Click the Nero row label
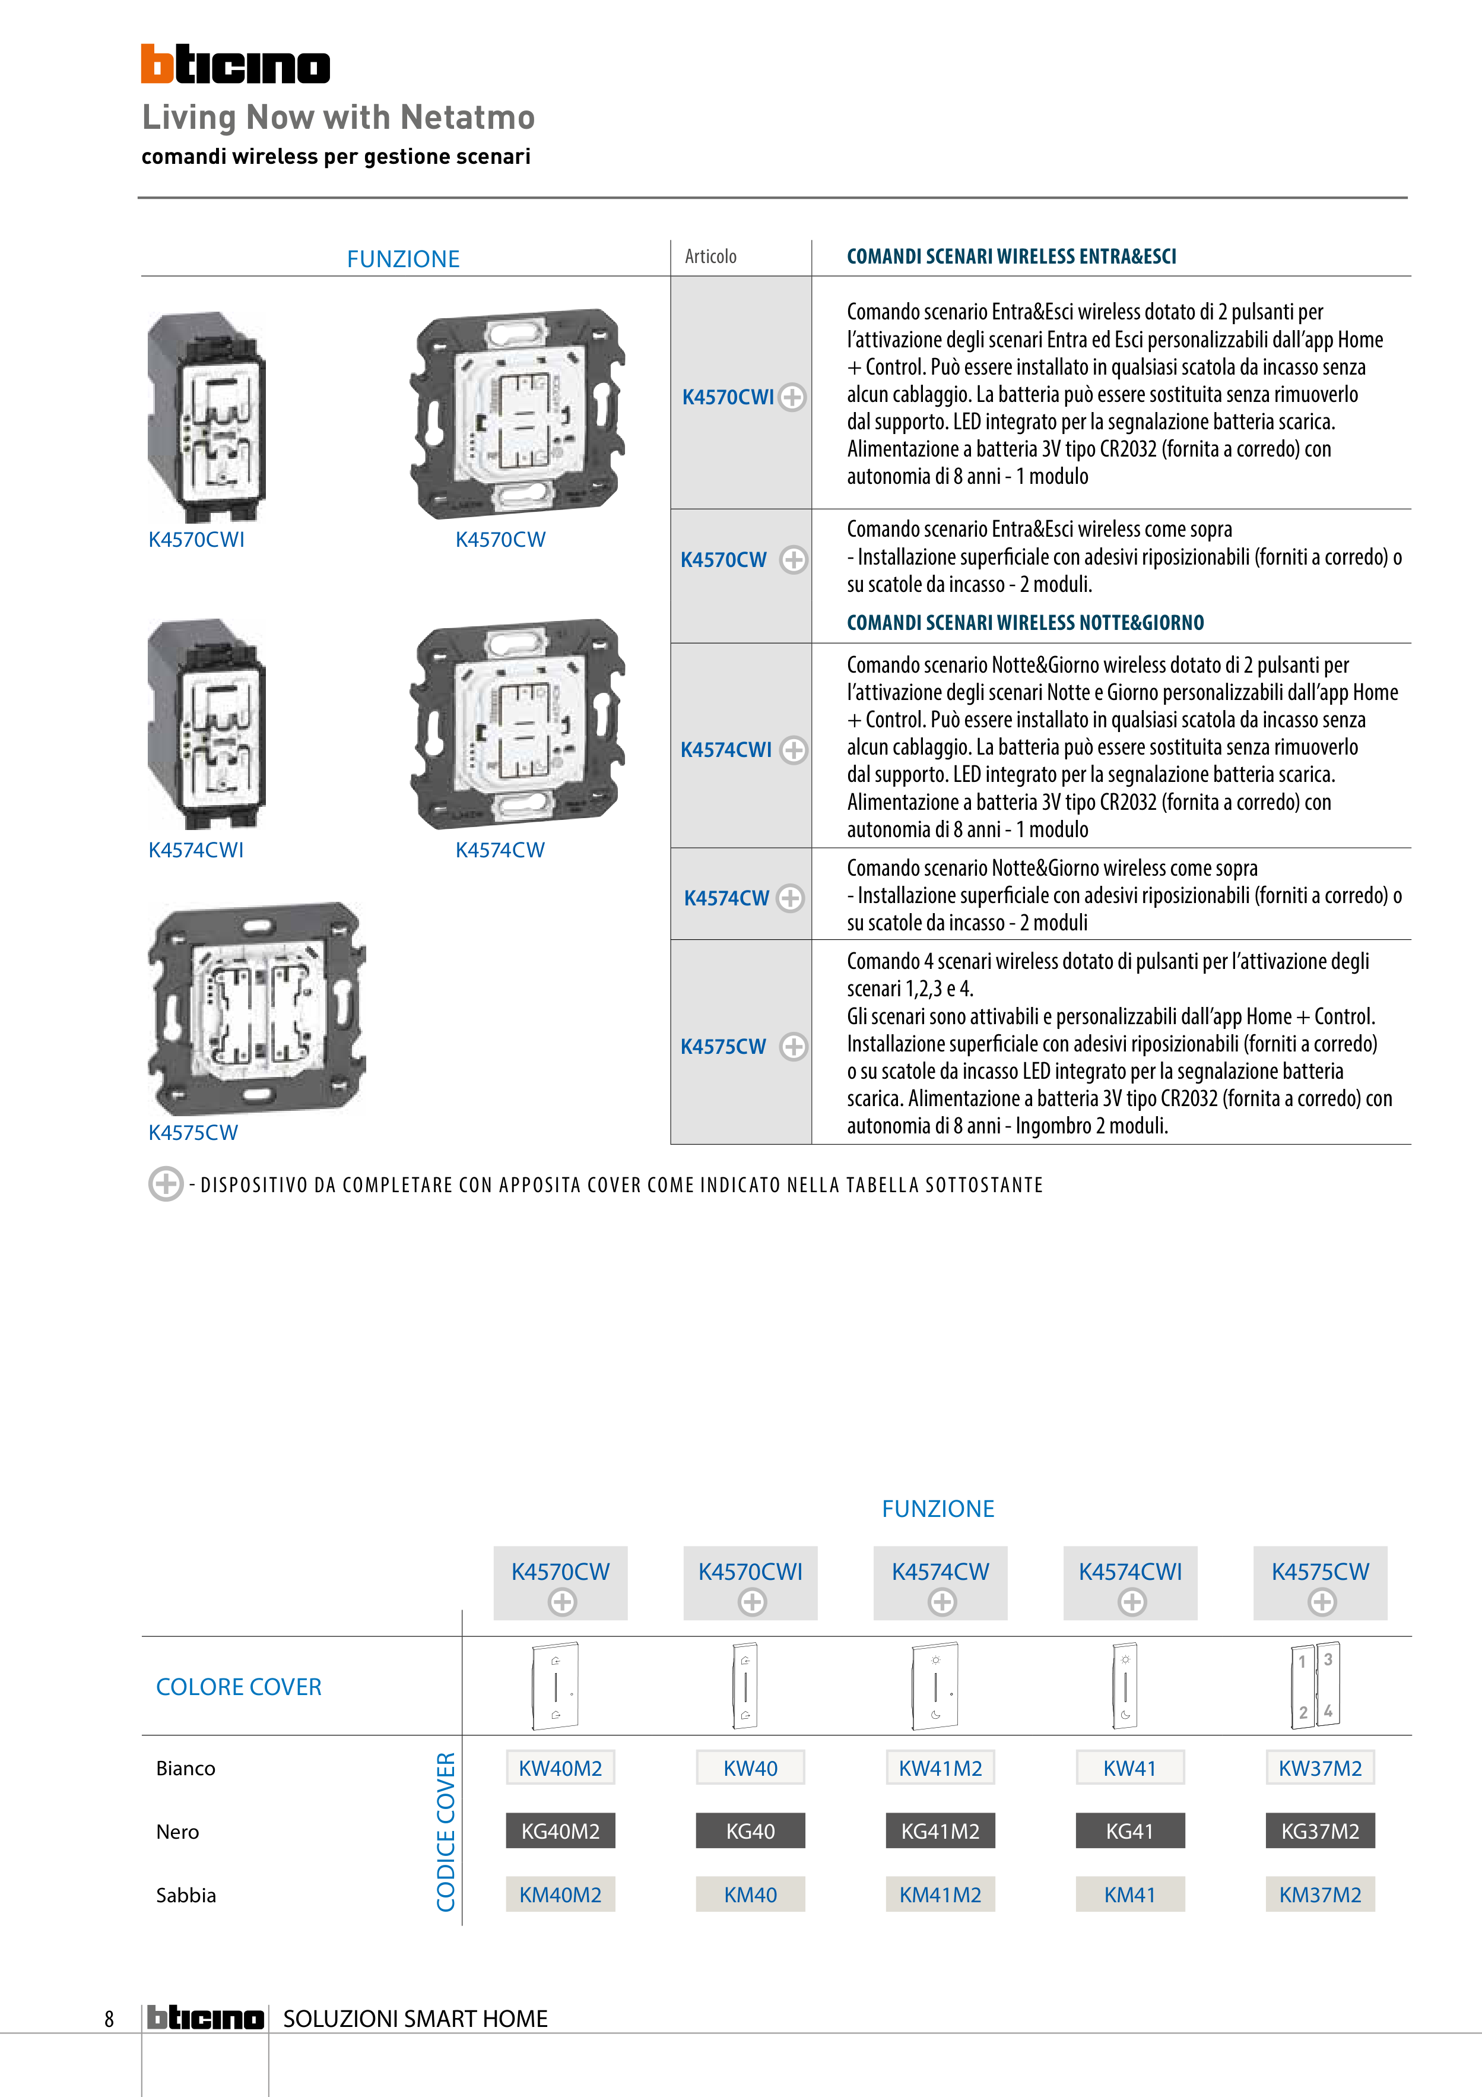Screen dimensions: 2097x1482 177,1831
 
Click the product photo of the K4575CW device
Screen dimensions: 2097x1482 256,1008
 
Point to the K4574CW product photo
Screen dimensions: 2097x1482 518,723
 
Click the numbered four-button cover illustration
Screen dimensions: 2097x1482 1316,1685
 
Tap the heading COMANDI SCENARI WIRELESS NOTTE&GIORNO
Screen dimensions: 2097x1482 1024,623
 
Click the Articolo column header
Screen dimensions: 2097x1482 710,256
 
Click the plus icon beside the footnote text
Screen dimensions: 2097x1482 165,1184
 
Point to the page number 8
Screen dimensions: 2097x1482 110,2019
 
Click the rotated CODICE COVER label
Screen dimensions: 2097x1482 446,1830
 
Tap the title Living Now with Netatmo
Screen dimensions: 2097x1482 338,117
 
